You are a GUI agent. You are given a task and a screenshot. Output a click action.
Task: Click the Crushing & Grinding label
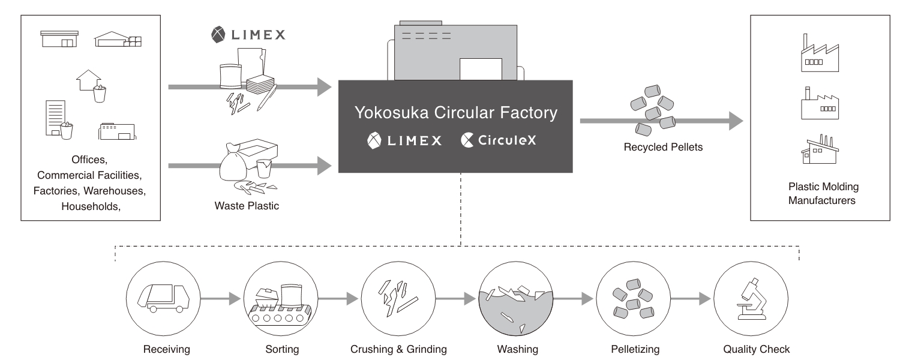click(x=398, y=349)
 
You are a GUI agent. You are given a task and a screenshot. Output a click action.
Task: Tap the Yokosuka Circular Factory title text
click(x=455, y=112)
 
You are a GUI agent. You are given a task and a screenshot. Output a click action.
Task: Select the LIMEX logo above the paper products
click(x=248, y=35)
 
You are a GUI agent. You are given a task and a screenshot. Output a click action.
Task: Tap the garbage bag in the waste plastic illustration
click(x=236, y=165)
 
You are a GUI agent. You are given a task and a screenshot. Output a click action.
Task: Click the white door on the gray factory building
click(x=480, y=68)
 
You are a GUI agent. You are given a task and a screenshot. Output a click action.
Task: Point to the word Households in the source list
click(x=90, y=206)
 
